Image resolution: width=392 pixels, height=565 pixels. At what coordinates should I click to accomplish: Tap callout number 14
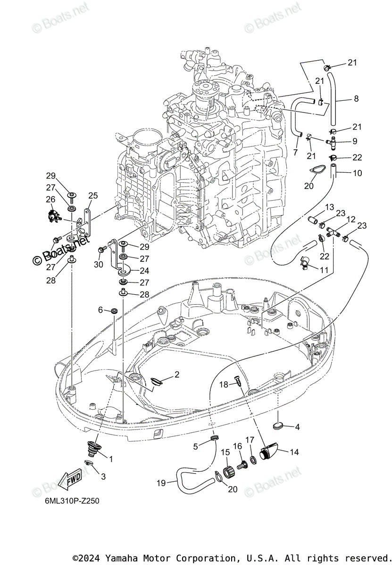pos(294,452)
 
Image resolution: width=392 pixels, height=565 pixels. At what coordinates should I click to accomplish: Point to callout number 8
pos(356,99)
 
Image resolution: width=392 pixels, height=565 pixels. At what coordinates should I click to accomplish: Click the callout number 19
pos(161,483)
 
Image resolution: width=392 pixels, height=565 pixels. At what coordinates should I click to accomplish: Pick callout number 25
pos(93,195)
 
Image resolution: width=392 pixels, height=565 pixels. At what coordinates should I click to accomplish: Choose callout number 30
pos(98,265)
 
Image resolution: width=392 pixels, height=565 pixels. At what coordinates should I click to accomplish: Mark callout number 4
pos(297,427)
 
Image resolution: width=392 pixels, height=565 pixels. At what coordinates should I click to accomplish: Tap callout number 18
pos(224,385)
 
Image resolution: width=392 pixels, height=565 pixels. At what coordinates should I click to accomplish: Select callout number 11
pos(324,270)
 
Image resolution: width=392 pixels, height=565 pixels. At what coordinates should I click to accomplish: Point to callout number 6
pos(100,309)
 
